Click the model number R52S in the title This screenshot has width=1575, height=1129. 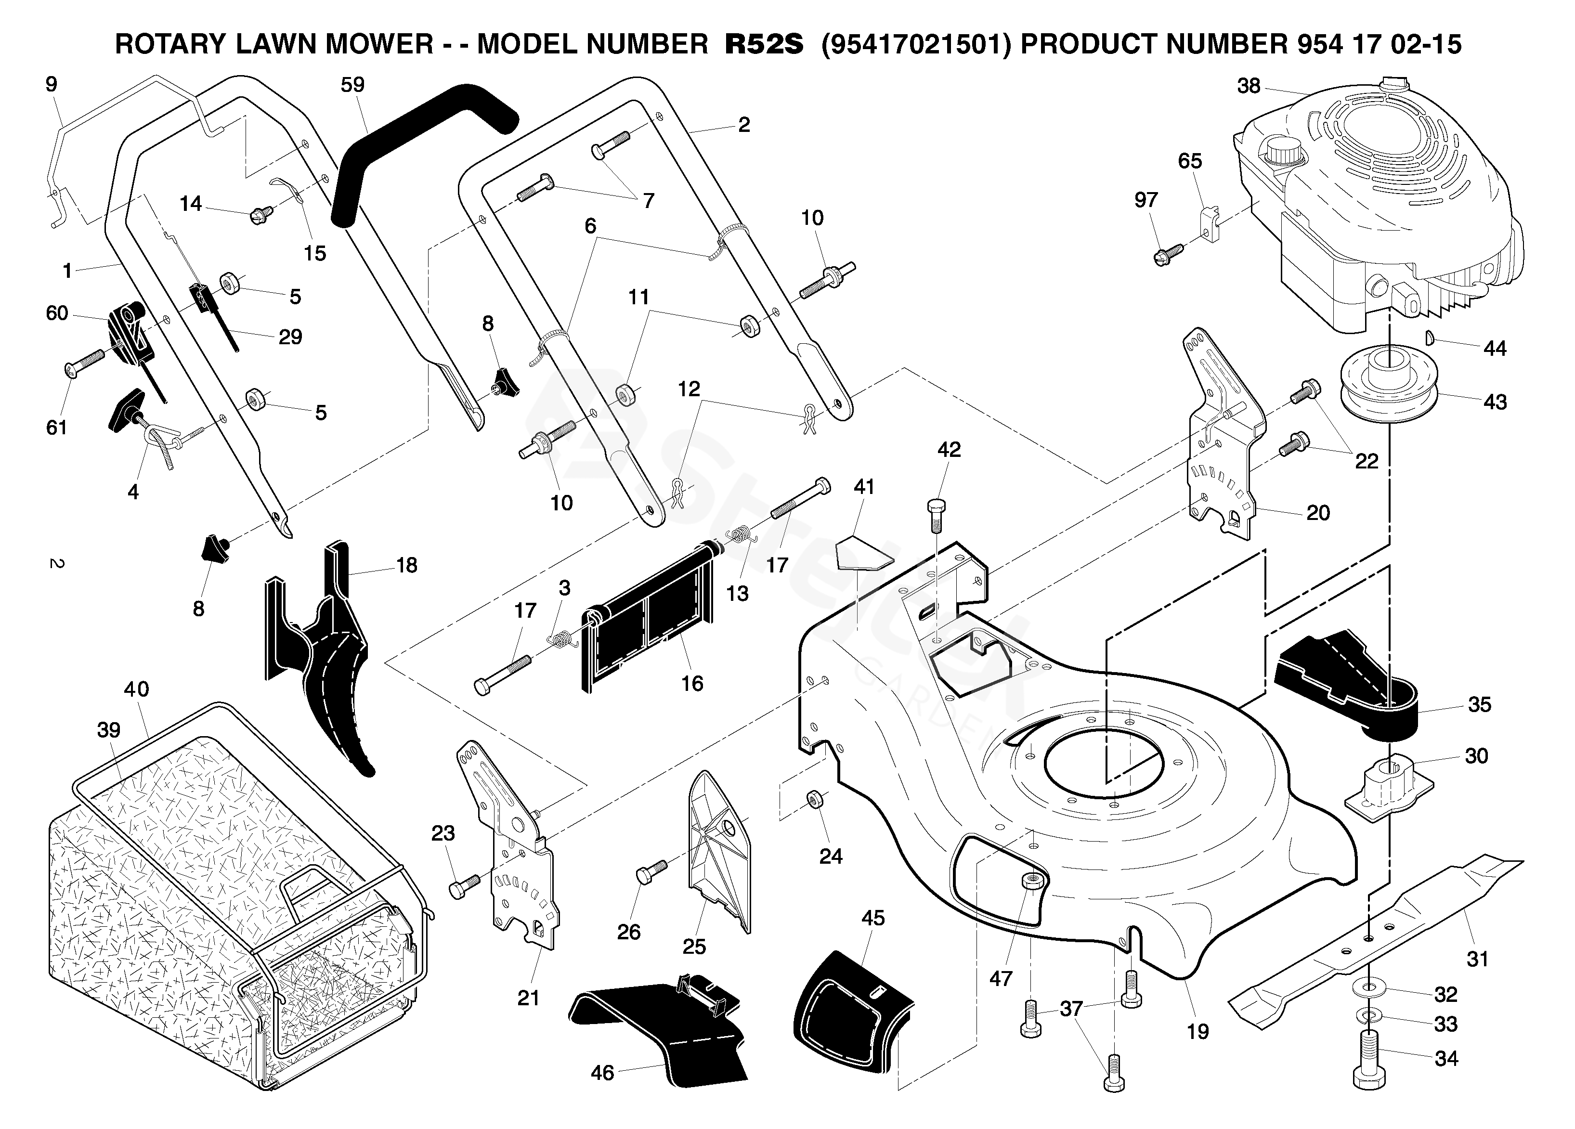[x=763, y=44]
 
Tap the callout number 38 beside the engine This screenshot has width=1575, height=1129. [x=1249, y=86]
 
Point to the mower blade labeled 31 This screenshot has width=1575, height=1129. [x=1375, y=931]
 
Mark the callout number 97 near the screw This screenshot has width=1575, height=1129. [x=1146, y=200]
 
